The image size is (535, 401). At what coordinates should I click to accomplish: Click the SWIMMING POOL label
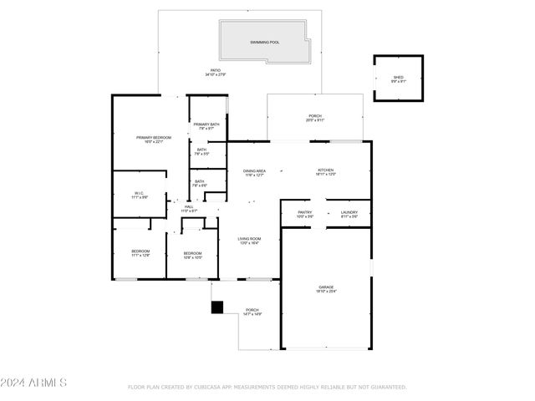coord(265,41)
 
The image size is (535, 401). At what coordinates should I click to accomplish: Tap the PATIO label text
coord(216,70)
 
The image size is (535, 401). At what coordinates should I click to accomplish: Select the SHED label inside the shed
coord(398,78)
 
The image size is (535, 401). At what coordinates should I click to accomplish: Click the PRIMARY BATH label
coord(206,124)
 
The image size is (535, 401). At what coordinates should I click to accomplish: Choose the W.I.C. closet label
coord(139,194)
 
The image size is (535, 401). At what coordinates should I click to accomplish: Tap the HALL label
coord(189,206)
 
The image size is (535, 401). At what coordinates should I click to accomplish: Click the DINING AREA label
coord(254,170)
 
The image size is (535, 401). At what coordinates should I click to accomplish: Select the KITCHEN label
coord(325,170)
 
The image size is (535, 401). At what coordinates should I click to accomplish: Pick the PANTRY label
coord(304,212)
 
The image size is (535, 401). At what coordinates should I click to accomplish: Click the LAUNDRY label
coord(349,212)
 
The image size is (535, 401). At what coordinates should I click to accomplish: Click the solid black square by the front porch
coord(217,307)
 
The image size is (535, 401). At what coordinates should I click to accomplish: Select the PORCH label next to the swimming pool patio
coord(315,116)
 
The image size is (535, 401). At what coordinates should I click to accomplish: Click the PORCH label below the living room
coord(252,310)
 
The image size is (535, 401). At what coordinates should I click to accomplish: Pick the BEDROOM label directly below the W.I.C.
coord(140,251)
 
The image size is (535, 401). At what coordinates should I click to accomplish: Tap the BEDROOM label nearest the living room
coord(192,253)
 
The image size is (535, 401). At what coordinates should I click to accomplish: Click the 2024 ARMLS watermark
coord(33,383)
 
